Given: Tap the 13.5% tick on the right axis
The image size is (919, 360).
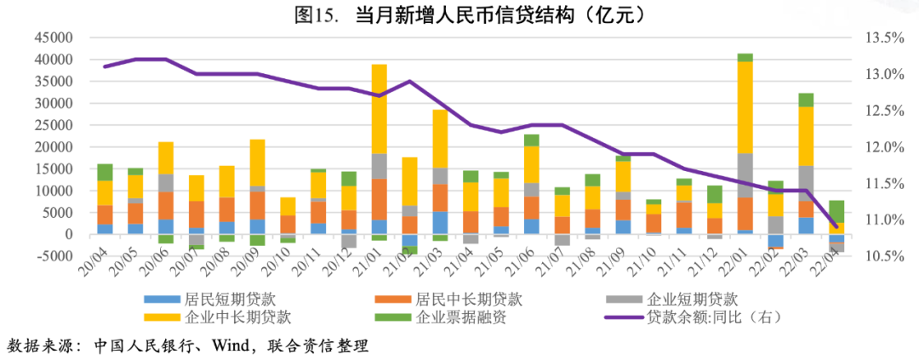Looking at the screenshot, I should [x=882, y=38].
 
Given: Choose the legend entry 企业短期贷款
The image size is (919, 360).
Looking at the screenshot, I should [x=692, y=299].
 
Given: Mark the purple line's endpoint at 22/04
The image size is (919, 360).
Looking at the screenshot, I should [x=836, y=226].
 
